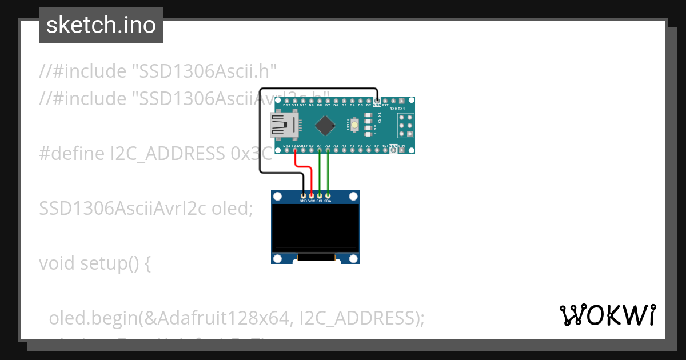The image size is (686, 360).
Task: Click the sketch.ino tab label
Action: (101, 25)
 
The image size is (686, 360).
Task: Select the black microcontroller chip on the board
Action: (325, 126)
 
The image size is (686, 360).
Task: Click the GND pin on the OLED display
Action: (303, 195)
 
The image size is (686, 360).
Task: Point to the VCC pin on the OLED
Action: (312, 195)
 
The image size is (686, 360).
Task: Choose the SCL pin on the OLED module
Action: (320, 195)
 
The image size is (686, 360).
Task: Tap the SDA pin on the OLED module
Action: (328, 195)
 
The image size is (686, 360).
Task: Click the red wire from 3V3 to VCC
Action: (303, 167)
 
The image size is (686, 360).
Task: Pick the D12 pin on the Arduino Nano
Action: (286, 101)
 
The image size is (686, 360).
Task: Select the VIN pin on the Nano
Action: (402, 150)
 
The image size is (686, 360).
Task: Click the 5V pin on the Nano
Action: (377, 150)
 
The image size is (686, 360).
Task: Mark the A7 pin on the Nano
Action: (369, 150)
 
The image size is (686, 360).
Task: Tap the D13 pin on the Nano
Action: (286, 150)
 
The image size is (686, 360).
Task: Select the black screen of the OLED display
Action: (316, 227)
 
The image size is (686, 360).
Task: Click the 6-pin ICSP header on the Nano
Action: (406, 126)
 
